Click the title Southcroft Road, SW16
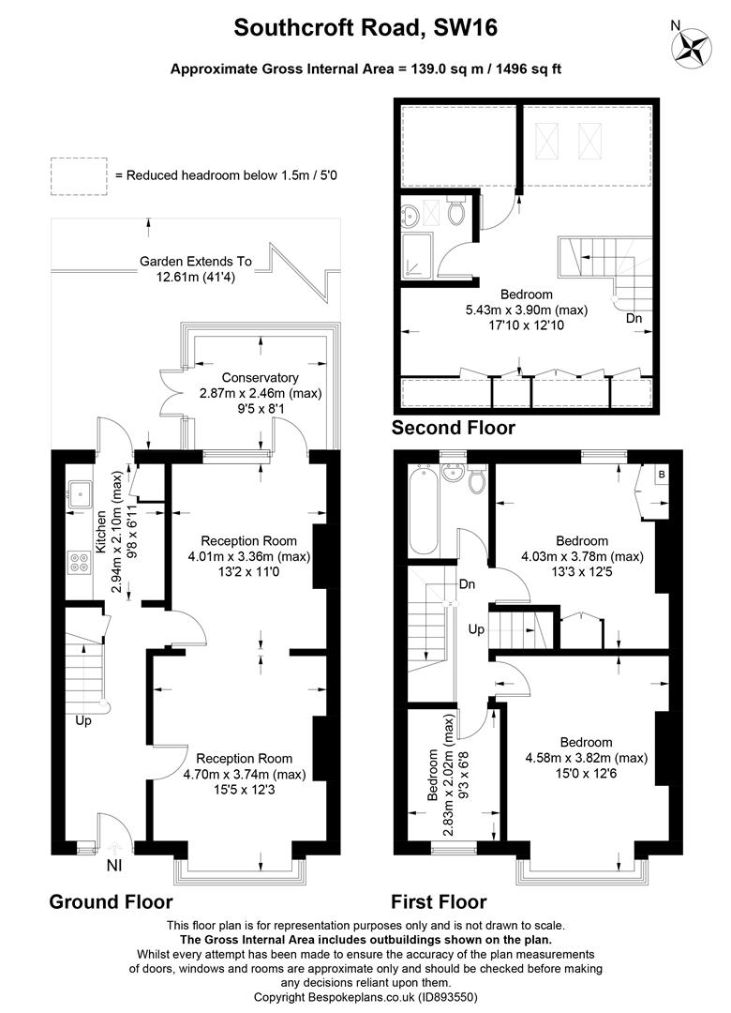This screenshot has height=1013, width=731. pos(365,29)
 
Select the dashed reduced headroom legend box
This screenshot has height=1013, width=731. pos(78,175)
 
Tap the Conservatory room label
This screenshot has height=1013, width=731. pos(234,378)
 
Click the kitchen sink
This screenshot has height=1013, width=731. pos(79,490)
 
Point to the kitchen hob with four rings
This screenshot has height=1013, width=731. pos(79,565)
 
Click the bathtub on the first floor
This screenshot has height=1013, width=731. pos(422,511)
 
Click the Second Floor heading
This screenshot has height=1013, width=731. pos(453,429)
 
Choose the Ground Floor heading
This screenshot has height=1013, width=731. pos(111,901)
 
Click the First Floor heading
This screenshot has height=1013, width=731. pos(440,901)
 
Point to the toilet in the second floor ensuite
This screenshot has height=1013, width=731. pos(456,213)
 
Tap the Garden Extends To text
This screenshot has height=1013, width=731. pos(196,262)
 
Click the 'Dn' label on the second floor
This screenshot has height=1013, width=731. pos(634,318)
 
